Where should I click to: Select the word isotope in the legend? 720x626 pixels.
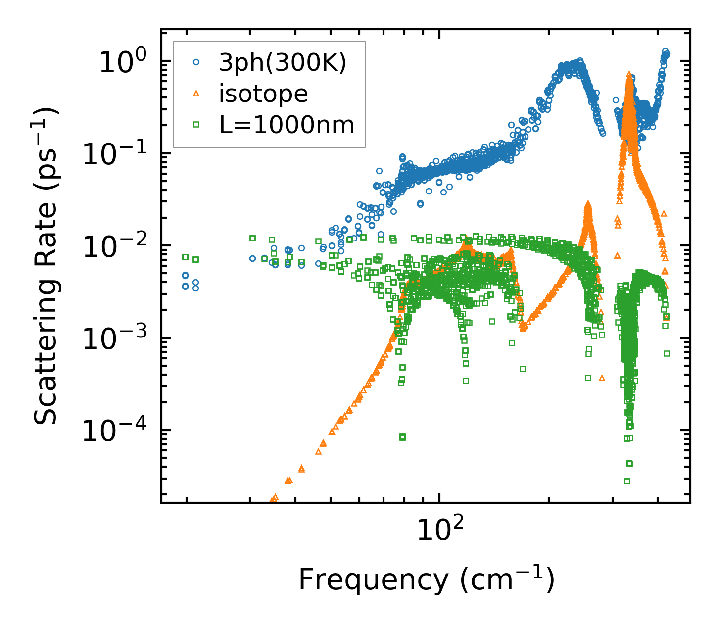pos(263,94)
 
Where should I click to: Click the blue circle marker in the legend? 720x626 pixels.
pos(196,63)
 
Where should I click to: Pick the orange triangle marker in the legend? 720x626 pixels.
pos(196,94)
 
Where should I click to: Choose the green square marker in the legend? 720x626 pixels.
pos(196,125)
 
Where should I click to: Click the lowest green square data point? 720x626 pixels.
pos(627,481)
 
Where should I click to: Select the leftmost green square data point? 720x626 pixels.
pos(185,257)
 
